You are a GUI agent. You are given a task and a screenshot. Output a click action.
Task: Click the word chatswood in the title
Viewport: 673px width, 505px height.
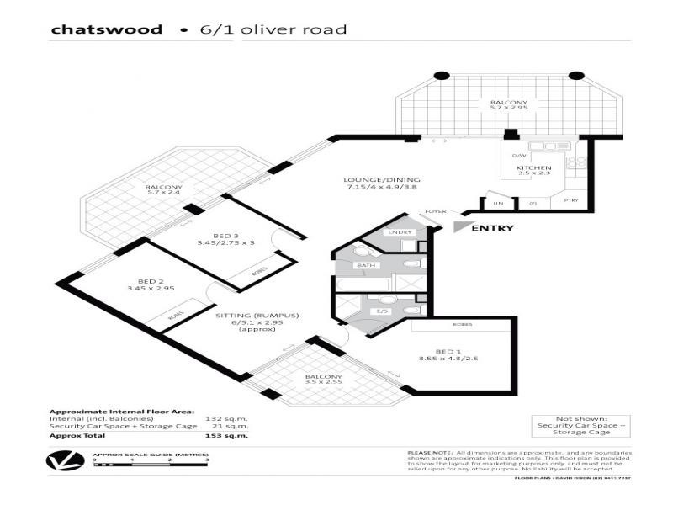click(106, 29)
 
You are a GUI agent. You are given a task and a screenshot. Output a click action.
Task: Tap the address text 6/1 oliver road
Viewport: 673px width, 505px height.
click(273, 29)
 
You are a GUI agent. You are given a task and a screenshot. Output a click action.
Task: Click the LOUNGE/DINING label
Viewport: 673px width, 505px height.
click(381, 180)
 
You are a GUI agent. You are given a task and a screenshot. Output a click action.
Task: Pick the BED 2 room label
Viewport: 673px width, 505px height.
click(150, 283)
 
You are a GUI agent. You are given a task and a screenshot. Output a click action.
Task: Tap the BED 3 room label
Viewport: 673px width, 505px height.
click(213, 237)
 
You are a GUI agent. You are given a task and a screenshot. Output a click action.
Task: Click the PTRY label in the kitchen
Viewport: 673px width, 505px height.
click(571, 201)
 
